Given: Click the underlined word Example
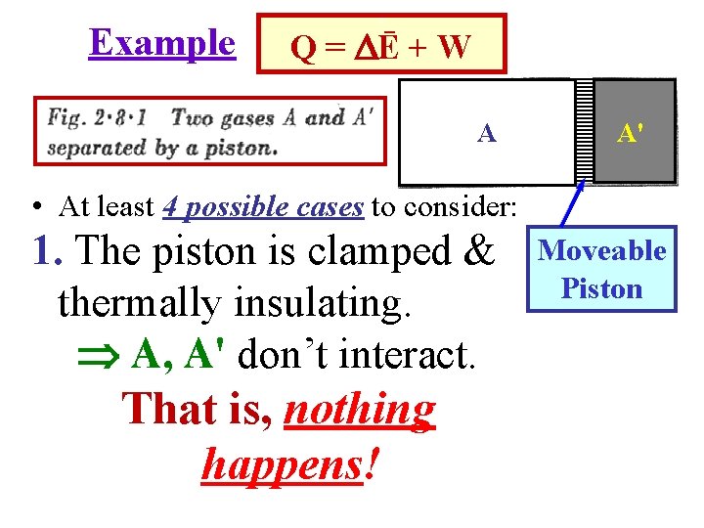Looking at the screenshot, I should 161,43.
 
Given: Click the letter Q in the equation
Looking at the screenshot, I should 304,48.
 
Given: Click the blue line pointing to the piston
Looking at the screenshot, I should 574,205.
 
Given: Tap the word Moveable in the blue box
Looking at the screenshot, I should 602,251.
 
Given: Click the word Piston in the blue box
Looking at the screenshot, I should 601,289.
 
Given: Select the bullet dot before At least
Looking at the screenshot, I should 35,206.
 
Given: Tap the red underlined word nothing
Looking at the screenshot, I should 359,410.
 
